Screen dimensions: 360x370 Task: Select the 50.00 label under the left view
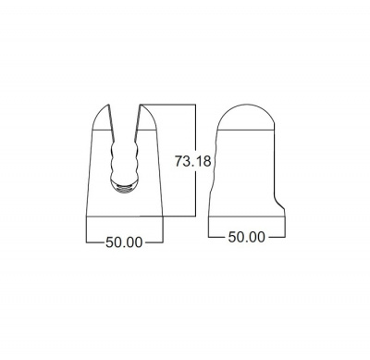tap(123, 242)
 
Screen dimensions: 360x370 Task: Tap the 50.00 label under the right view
tap(246, 237)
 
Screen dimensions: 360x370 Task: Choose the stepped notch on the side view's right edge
tap(277, 199)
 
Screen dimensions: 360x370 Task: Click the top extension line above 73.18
tap(171, 106)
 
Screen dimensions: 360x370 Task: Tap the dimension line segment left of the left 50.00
tap(92, 242)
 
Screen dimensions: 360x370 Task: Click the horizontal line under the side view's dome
tap(246, 133)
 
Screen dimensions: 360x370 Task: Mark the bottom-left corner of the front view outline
tap(85, 238)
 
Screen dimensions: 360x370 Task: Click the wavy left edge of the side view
tap(214, 171)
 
